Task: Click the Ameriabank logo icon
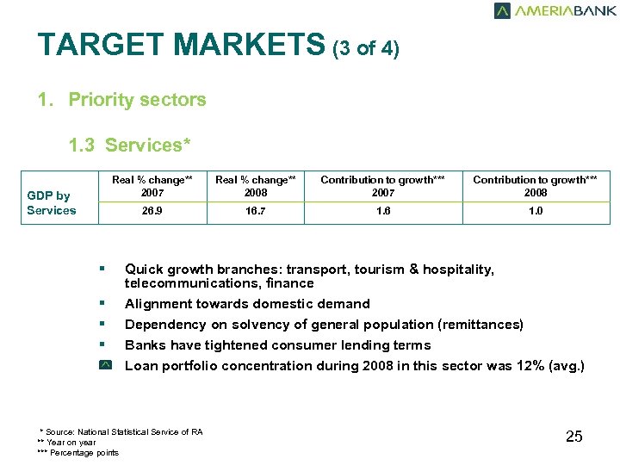click(x=502, y=11)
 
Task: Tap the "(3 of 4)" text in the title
click(x=366, y=49)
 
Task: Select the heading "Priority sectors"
click(x=137, y=100)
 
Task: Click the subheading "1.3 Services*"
click(x=130, y=146)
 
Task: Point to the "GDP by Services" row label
click(x=52, y=203)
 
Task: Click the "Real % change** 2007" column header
click(x=152, y=186)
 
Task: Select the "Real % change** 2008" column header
click(x=255, y=186)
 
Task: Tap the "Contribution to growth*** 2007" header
click(x=383, y=186)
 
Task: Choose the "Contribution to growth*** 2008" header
click(x=536, y=186)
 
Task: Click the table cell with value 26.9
click(x=152, y=212)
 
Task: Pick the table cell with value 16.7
click(x=255, y=212)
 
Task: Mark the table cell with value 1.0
click(x=536, y=212)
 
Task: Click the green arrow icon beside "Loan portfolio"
click(x=104, y=366)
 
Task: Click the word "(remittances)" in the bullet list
click(x=480, y=325)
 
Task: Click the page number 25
click(x=574, y=437)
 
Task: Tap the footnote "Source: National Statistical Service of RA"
click(x=124, y=431)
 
